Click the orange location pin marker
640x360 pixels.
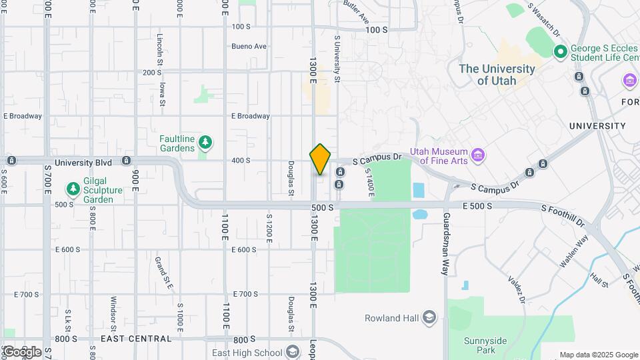click(x=320, y=159)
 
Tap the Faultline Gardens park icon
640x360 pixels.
click(x=206, y=142)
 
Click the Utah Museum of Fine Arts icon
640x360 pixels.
click(x=477, y=155)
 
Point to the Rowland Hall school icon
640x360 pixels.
click(x=429, y=317)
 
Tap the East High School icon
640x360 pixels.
click(x=292, y=353)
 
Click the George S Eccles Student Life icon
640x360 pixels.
click(x=561, y=51)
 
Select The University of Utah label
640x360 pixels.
click(x=497, y=74)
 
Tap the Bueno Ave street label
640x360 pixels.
click(x=249, y=47)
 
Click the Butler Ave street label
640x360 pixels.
click(x=357, y=12)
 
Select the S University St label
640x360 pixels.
click(x=337, y=59)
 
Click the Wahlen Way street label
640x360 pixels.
click(x=573, y=252)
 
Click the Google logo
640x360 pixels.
click(x=21, y=351)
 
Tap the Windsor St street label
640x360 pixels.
click(x=114, y=313)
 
